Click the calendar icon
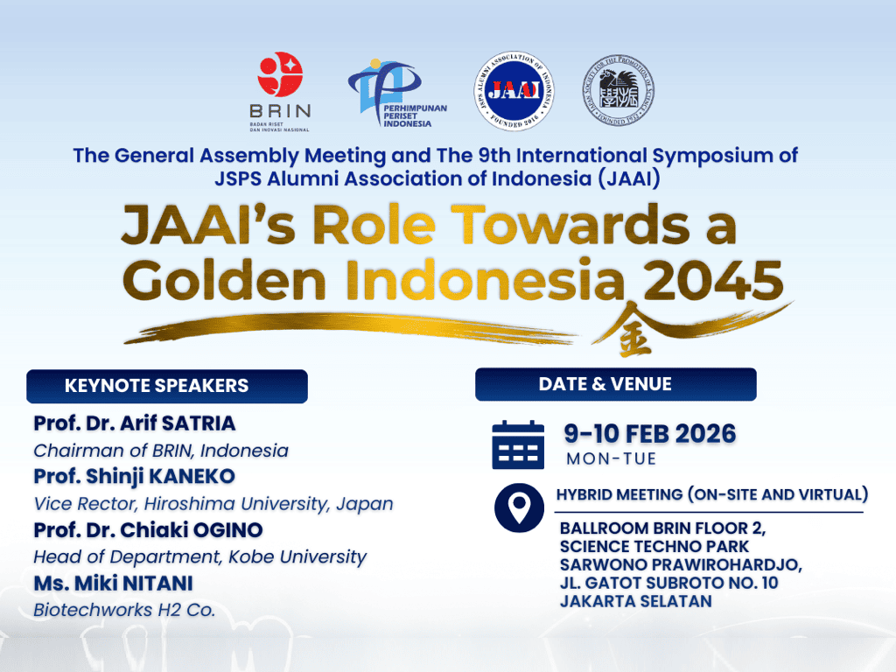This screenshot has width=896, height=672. pyautogui.click(x=518, y=444)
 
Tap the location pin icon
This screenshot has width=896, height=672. pyautogui.click(x=519, y=507)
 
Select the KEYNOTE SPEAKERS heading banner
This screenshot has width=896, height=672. pyautogui.click(x=166, y=386)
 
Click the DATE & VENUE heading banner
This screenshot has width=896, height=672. pyautogui.click(x=615, y=384)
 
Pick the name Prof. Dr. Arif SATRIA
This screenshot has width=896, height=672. pyautogui.click(x=135, y=423)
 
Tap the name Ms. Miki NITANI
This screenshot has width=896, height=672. pyautogui.click(x=113, y=584)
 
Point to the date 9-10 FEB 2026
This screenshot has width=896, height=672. pyautogui.click(x=649, y=433)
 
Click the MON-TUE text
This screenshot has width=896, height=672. pyautogui.click(x=611, y=458)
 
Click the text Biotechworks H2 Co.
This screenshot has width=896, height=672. pyautogui.click(x=123, y=610)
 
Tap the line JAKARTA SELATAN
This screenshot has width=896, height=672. pyautogui.click(x=635, y=601)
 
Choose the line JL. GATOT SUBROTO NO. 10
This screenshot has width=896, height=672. pyautogui.click(x=669, y=583)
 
